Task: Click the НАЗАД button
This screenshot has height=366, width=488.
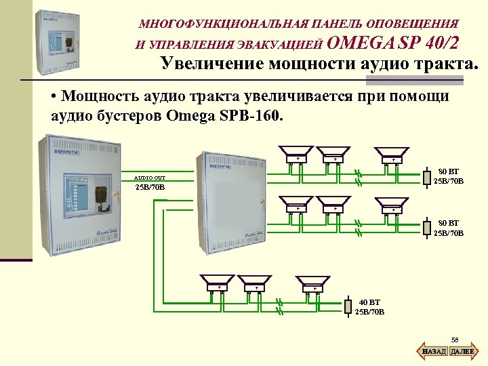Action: coord(434,351)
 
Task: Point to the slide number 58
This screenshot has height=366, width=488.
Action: coord(455,339)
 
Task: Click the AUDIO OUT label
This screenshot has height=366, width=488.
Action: coord(149,178)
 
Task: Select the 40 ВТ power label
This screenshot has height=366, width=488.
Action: coord(369,302)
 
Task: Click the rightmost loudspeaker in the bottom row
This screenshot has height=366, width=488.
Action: coord(313,283)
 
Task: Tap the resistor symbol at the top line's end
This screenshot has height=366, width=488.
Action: coord(426,178)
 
